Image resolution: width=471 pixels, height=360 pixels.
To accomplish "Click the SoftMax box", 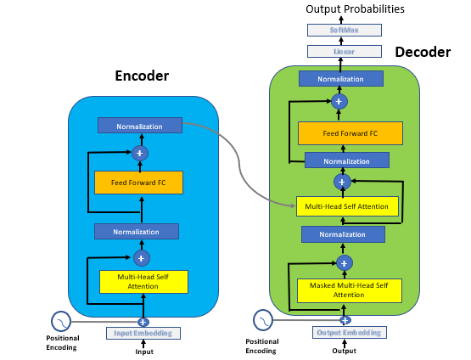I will click(344, 30).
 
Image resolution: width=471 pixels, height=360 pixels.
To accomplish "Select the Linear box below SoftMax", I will click(344, 51).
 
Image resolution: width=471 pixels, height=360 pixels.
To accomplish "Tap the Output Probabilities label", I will click(344, 9).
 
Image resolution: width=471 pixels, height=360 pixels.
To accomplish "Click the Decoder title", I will click(423, 53).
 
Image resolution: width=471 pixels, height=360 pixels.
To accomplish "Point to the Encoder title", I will click(142, 76).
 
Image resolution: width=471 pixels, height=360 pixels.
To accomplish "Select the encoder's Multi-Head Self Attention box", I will click(142, 281).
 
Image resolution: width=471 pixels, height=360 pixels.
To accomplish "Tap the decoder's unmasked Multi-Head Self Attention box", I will click(345, 206).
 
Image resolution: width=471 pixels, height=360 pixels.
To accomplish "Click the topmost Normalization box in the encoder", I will click(139, 126).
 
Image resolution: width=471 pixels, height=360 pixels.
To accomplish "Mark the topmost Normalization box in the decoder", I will click(341, 79).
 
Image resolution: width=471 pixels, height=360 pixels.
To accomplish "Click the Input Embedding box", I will click(143, 333).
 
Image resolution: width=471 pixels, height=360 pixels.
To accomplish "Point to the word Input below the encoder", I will click(144, 352).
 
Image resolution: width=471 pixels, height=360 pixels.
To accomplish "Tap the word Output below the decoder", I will click(345, 351).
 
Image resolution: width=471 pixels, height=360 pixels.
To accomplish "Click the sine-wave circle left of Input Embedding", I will click(61, 321).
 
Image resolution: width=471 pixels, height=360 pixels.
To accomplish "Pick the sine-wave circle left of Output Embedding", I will click(264, 319).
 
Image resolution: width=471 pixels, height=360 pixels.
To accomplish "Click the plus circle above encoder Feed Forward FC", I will click(140, 154).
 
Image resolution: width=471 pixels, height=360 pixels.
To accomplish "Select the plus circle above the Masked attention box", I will click(344, 262).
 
